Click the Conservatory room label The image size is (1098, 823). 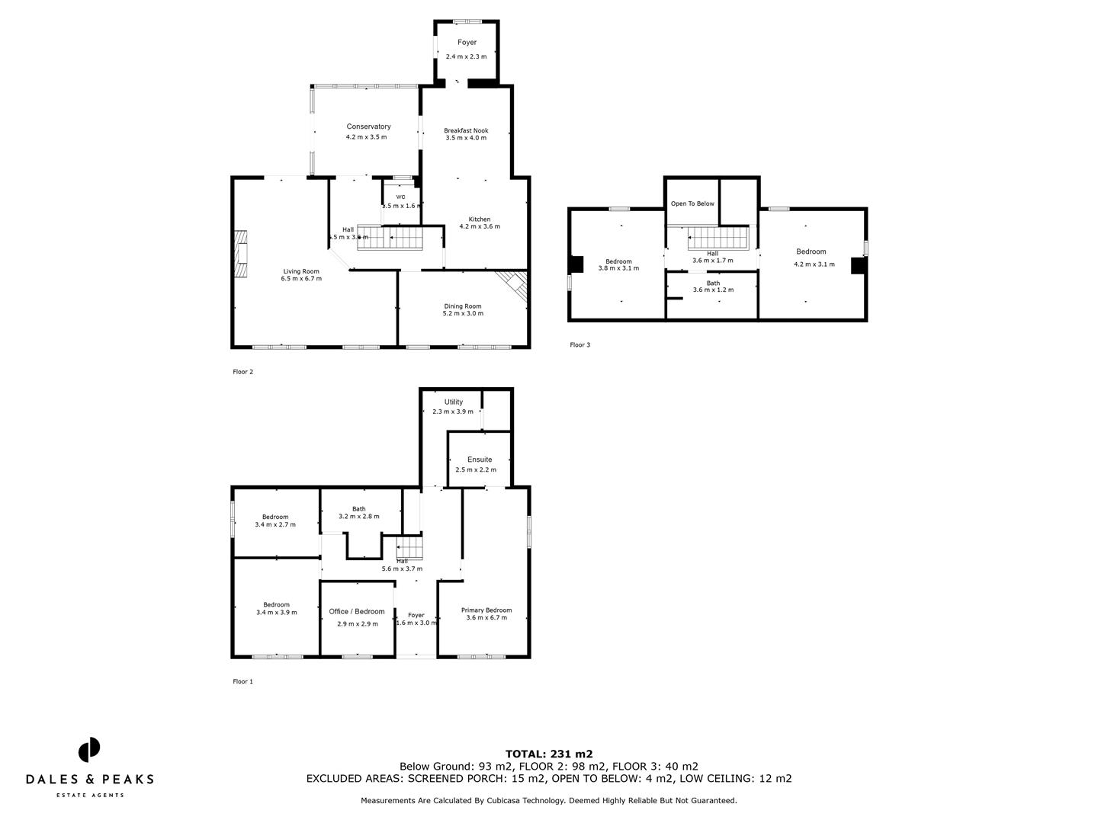point(368,126)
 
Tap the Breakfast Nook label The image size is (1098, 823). point(466,130)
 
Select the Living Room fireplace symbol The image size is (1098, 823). point(241,255)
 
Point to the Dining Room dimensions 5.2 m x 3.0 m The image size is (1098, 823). point(463,313)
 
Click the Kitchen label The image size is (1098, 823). point(480,219)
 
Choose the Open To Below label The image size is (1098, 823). point(692,203)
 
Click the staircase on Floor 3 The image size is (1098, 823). point(717,238)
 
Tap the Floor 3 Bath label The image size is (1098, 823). point(713,283)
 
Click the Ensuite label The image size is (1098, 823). point(480,460)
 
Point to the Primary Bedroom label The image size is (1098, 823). point(486,610)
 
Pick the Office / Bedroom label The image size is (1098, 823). point(357,611)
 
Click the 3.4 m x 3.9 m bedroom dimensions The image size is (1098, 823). point(276,613)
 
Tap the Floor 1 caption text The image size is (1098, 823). point(242,681)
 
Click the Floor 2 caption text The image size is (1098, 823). point(242,372)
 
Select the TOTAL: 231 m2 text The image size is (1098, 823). point(549,754)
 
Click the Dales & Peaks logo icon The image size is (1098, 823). point(89,749)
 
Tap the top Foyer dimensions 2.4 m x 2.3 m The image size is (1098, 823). point(466,56)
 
